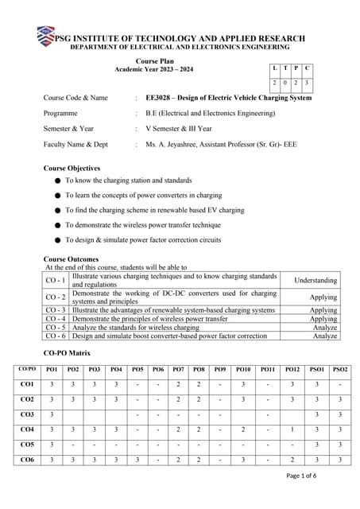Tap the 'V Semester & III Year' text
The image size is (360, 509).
coord(178,129)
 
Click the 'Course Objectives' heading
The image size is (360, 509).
coord(72,169)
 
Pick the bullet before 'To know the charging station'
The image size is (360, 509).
coord(58,181)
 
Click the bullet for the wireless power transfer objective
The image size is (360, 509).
coord(58,225)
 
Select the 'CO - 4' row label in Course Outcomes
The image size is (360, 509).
coord(56,318)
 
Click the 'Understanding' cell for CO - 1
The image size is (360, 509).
coord(315,281)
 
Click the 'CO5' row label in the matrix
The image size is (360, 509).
coord(27,445)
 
